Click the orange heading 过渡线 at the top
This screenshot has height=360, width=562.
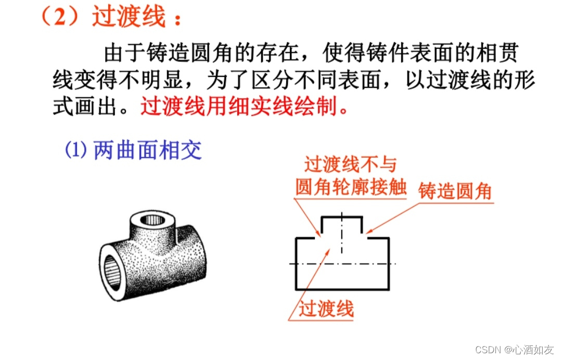pos(129,16)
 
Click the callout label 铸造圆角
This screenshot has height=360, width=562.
pos(455,190)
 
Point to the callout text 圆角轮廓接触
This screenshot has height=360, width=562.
pos(351,186)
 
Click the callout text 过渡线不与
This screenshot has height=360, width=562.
pos(351,164)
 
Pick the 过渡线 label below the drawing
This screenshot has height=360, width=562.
pos(326,308)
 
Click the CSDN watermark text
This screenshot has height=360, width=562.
pos(514,349)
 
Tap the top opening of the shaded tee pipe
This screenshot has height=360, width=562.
pos(152,219)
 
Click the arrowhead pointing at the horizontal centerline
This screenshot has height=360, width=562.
pos(327,252)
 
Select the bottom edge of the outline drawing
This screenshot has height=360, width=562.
pos(342,289)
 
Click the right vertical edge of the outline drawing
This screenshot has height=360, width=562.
pos(389,263)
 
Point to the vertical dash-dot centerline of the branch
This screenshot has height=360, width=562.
pos(341,233)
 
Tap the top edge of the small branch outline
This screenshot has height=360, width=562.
pos(342,217)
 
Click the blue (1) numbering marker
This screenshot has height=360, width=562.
pos(75,149)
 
